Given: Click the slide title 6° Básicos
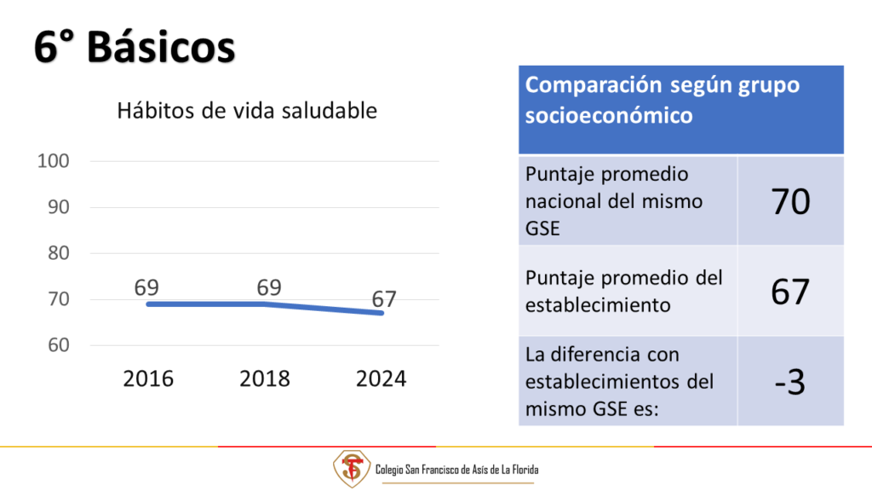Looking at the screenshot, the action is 135,47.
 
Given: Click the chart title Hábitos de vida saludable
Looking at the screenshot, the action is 247,110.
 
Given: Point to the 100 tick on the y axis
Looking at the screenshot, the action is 54,161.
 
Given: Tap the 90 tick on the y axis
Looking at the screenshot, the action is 59,207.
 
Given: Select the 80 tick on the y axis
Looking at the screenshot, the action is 59,253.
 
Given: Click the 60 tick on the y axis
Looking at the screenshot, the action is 59,345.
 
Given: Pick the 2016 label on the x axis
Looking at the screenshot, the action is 148,378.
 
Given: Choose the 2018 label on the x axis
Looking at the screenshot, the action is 265,378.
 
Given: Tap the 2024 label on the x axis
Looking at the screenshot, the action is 381,378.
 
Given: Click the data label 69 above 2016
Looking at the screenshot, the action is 146,287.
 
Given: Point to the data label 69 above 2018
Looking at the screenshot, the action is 269,287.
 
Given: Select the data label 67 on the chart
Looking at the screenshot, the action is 384,299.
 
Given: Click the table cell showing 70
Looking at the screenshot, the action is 790,201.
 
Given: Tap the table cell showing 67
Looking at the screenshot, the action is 790,292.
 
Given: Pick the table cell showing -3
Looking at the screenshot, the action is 790,381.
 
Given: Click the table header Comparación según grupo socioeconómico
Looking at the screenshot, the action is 663,101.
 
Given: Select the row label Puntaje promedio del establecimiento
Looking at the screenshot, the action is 624,292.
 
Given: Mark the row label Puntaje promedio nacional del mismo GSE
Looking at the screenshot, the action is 614,201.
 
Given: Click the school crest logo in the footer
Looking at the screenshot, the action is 352,469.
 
